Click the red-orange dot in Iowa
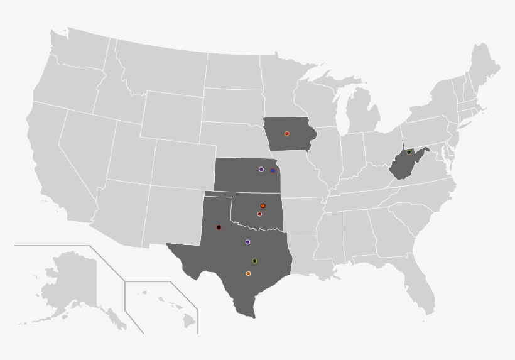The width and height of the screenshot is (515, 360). click(x=287, y=133)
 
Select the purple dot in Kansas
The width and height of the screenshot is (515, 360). click(x=261, y=169)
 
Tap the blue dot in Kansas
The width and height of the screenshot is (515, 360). click(x=273, y=170)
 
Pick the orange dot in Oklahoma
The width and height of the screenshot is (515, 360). click(x=263, y=205)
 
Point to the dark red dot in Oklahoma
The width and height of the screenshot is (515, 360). click(x=259, y=214)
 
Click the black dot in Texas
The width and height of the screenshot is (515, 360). click(x=219, y=227)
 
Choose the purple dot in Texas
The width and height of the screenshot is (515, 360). click(x=247, y=242)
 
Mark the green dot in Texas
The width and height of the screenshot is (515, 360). click(x=254, y=261)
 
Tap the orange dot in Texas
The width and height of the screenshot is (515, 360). click(x=248, y=273)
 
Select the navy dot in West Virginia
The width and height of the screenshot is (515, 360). click(x=409, y=152)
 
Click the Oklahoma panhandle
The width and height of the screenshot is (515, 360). click(x=219, y=195)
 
